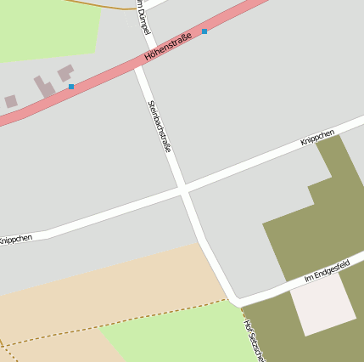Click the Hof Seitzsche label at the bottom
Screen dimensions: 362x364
click(254, 340)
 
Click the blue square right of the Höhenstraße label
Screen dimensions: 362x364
click(204, 31)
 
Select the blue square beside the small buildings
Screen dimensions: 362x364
click(71, 87)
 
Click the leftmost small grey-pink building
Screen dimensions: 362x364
click(10, 101)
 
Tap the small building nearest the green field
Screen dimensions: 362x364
click(65, 72)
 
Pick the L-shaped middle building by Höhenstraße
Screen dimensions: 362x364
click(44, 87)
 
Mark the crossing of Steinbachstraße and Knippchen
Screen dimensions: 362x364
click(183, 189)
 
